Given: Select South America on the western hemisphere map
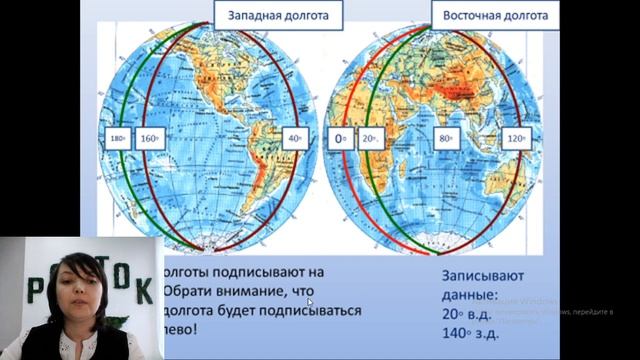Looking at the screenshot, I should [256, 175].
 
